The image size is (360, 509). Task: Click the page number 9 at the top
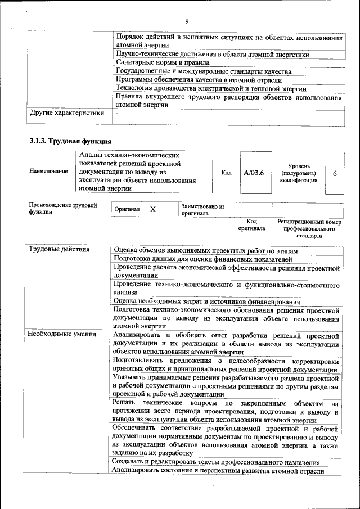pos(186,22)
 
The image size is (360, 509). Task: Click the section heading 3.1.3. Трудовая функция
pos(70,141)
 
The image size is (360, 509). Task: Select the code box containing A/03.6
pos(254,173)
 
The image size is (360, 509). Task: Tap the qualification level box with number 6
pos(335,173)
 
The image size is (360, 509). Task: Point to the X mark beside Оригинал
pos(152,209)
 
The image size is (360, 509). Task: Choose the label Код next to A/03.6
pos(226,173)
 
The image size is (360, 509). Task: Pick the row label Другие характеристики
pos(67,113)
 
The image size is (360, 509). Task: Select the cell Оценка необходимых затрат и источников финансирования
pos(206,302)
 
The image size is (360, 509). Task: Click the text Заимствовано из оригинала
pos(202,210)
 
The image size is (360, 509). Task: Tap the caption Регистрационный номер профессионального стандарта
pos(309,229)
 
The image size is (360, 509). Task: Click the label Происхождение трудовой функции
pos(60,209)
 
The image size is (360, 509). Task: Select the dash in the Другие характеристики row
pos(116,114)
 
